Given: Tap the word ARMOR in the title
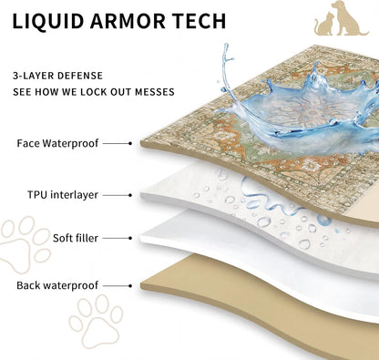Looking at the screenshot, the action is (128, 21).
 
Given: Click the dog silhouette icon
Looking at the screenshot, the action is (349, 18).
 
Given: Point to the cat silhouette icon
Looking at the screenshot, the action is (323, 24).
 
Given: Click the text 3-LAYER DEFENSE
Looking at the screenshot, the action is (57, 76).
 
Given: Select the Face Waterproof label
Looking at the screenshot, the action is (57, 143).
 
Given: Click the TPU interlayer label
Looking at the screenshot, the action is (63, 195).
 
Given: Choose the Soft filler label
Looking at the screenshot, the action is (76, 238).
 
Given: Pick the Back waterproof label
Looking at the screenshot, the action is (57, 285).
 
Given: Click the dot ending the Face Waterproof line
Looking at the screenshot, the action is (130, 143).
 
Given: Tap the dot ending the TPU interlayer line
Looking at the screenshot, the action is (130, 195).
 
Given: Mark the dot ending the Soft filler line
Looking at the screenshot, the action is (130, 238).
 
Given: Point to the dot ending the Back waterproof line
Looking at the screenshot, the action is (130, 286).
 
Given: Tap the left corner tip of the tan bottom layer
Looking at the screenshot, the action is (141, 286).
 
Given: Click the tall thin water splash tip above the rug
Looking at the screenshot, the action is (226, 45).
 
